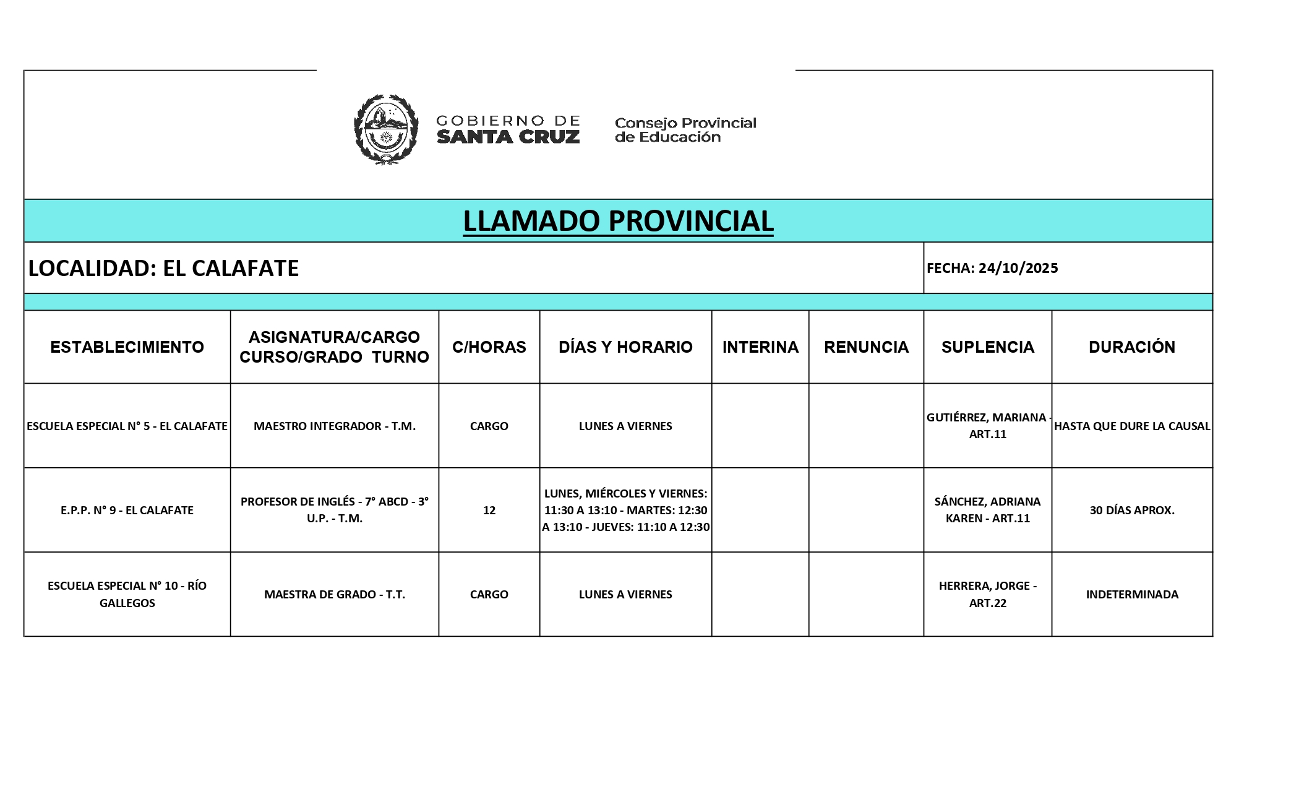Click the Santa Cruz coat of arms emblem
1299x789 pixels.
[385, 129]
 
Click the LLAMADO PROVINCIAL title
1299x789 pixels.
[618, 221]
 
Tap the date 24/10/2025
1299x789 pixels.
[1018, 268]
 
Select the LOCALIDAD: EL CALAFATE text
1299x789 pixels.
[164, 268]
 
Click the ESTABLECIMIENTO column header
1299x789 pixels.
[127, 347]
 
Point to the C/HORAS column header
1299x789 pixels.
[489, 347]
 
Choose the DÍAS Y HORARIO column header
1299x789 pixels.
[625, 347]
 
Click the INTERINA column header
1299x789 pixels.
[760, 347]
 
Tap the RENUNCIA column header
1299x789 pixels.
[866, 347]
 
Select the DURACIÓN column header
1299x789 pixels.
[1132, 347]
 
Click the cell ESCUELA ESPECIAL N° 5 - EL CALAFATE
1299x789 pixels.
[127, 426]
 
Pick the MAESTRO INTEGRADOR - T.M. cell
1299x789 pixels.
[335, 426]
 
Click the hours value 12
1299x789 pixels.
[489, 510]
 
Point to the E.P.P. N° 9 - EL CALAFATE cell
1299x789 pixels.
[127, 510]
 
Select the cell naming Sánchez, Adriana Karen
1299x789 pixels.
[987, 510]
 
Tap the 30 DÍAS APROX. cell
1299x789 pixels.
[1132, 510]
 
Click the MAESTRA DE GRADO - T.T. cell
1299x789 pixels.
[335, 594]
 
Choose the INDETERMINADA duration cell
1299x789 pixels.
[1132, 594]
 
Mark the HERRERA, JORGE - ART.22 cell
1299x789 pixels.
[987, 594]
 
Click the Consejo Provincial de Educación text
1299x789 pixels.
[685, 130]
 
